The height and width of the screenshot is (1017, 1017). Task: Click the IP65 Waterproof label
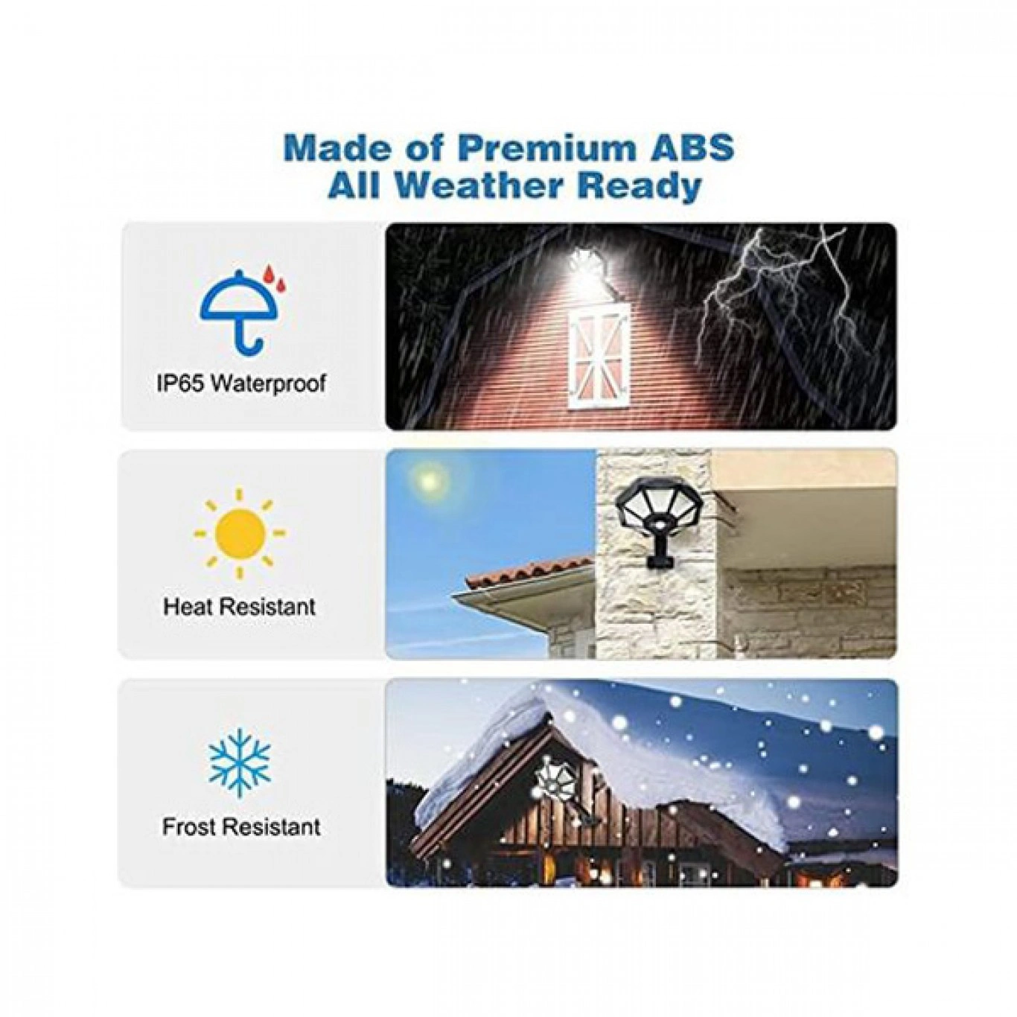pyautogui.click(x=241, y=383)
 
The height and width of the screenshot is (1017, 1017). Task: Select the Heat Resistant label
pyautogui.click(x=240, y=607)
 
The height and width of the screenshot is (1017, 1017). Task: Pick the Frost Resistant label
pyautogui.click(x=241, y=826)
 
